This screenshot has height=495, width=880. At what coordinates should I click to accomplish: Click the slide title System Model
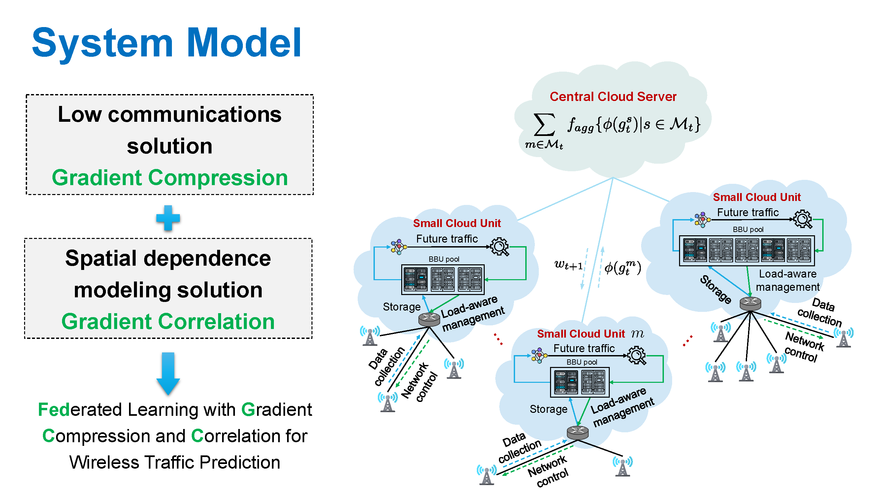pyautogui.click(x=166, y=43)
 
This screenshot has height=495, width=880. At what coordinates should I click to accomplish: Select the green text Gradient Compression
pyautogui.click(x=170, y=178)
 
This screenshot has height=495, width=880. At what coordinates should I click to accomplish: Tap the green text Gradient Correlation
pyautogui.click(x=168, y=322)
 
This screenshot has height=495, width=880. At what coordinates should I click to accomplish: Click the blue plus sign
pyautogui.click(x=168, y=218)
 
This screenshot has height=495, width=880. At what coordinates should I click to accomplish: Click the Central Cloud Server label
pyautogui.click(x=613, y=97)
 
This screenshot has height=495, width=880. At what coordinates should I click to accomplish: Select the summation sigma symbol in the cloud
pyautogui.click(x=544, y=125)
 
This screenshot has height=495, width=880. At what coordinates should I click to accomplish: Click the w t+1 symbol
pyautogui.click(x=568, y=265)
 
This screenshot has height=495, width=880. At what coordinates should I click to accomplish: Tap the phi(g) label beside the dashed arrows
pyautogui.click(x=622, y=268)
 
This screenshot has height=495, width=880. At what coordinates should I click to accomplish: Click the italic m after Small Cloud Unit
pyautogui.click(x=637, y=333)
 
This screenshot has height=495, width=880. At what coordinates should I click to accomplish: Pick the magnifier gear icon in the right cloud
pyautogui.click(x=803, y=219)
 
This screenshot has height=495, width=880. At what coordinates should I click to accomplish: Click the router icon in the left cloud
pyautogui.click(x=429, y=319)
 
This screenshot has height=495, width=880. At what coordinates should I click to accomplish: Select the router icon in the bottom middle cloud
pyautogui.click(x=577, y=433)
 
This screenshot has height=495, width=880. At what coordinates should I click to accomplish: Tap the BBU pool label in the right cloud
pyautogui.click(x=748, y=230)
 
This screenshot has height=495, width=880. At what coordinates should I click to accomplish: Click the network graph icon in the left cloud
pyautogui.click(x=398, y=247)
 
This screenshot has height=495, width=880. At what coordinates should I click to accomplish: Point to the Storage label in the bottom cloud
pyautogui.click(x=548, y=409)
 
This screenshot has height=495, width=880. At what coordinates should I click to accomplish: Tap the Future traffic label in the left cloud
pyautogui.click(x=447, y=239)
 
